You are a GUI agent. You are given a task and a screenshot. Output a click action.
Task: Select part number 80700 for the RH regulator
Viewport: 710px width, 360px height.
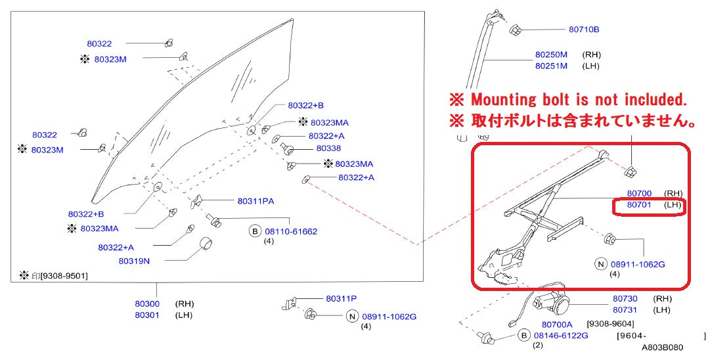click(639, 193)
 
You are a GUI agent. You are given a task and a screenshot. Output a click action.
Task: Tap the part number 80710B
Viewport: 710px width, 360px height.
click(584, 30)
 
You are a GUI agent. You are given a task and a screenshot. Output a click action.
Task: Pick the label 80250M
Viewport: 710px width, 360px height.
click(551, 55)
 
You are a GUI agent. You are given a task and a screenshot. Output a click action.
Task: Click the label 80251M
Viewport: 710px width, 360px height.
click(551, 66)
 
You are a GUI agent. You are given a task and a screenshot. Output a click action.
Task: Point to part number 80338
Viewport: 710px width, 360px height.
click(328, 148)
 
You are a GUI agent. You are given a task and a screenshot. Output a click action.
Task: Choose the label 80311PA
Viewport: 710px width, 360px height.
click(255, 201)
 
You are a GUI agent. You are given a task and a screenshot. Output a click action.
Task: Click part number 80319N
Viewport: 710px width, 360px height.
click(134, 260)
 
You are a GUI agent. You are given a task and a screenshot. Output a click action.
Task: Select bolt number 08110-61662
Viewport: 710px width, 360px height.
click(291, 231)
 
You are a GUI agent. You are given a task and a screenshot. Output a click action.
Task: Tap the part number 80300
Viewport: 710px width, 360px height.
click(147, 304)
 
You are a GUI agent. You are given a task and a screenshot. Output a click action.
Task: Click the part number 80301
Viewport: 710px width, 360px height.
click(147, 315)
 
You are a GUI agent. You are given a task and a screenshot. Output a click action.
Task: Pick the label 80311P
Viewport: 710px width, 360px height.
click(341, 298)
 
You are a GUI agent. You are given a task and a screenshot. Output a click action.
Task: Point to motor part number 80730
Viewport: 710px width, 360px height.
click(625, 298)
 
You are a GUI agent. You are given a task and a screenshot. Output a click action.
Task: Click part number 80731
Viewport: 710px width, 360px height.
click(625, 309)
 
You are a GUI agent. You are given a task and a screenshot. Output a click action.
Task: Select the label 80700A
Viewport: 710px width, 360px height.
click(557, 324)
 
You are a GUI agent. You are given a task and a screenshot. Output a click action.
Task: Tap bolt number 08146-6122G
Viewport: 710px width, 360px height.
click(561, 335)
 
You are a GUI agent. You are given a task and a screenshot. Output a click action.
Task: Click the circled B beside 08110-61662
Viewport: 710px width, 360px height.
click(255, 231)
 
